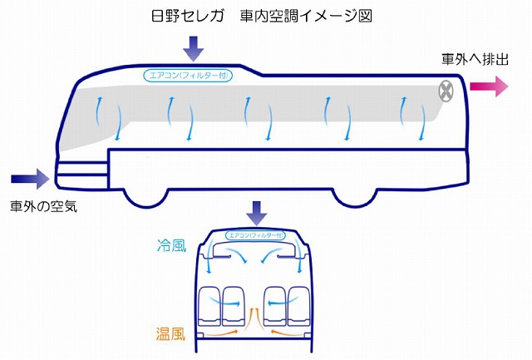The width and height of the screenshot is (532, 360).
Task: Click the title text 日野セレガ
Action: click(x=188, y=16)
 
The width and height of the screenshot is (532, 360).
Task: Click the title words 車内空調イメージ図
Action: click(x=306, y=16)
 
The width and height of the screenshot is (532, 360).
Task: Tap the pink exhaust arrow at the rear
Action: click(x=489, y=86)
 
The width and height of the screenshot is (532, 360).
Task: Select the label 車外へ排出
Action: click(x=475, y=59)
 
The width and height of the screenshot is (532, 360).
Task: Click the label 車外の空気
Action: click(x=44, y=206)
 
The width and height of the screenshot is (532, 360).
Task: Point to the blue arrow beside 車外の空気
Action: click(x=30, y=179)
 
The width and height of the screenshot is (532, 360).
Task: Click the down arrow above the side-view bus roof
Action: click(x=194, y=49)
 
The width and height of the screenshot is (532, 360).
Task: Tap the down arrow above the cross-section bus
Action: click(x=257, y=213)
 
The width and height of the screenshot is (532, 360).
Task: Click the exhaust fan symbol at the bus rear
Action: click(x=446, y=91)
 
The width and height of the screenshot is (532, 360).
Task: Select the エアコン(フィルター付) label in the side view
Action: click(x=188, y=75)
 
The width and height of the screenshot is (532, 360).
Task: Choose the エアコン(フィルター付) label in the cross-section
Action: click(x=255, y=235)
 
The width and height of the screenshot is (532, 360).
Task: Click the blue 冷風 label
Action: click(x=172, y=245)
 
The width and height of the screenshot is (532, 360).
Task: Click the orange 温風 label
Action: click(x=170, y=333)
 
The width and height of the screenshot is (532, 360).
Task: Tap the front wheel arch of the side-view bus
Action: click(x=145, y=199)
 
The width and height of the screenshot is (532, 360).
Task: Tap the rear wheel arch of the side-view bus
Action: click(x=355, y=198)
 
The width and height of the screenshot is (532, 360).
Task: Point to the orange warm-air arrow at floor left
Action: click(x=220, y=333)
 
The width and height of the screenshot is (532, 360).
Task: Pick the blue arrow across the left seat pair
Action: click(x=224, y=301)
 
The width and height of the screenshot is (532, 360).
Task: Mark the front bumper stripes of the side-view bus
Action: click(x=82, y=175)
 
